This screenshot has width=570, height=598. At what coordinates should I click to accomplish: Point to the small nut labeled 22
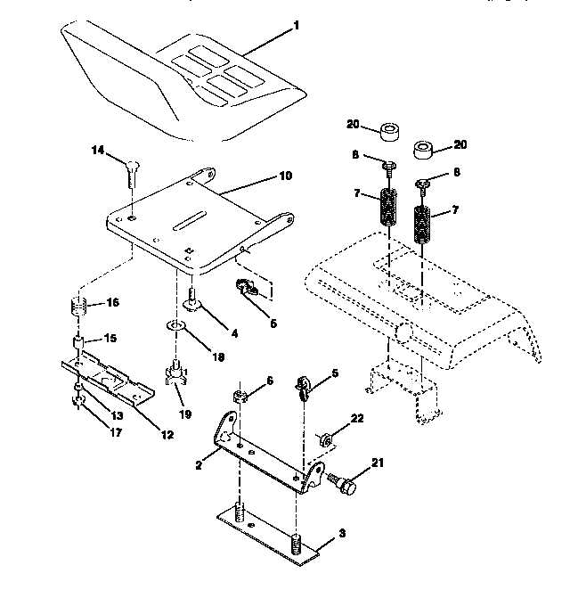click(x=327, y=438)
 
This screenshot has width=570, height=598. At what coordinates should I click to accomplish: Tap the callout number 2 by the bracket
click(x=199, y=464)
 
